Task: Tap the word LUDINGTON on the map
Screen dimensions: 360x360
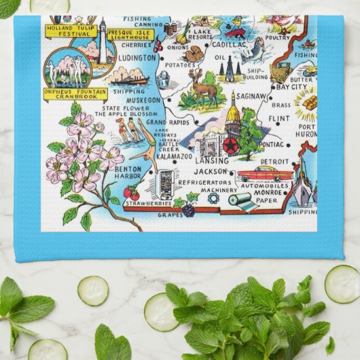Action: tap(137, 58)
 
